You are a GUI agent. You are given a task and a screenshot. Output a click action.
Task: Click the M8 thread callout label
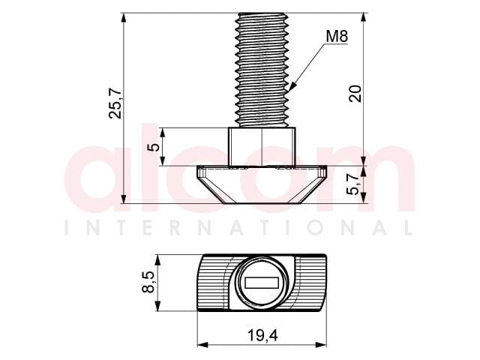coord(337,37)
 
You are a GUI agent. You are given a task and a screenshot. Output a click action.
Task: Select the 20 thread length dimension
coord(355,94)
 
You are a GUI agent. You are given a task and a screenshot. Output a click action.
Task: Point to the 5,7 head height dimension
coord(352,184)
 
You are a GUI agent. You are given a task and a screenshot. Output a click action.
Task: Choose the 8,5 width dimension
coord(148,282)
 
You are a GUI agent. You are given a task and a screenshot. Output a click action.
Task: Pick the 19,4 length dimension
coord(262,335)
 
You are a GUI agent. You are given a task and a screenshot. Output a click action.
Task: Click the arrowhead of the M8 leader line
coord(292,86)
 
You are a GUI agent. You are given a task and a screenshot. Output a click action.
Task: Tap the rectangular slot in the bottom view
coord(262,283)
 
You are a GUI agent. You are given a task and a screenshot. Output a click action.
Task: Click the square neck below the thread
coord(262,147)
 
